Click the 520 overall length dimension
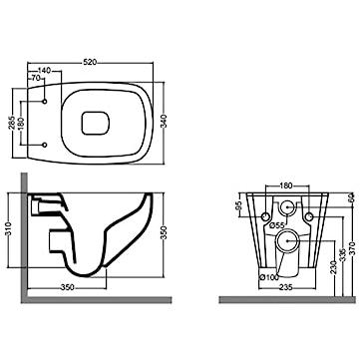point(90,62)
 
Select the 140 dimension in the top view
point(44,71)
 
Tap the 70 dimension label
point(36,79)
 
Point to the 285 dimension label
point(12,123)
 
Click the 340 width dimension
point(164,122)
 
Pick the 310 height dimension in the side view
point(9,229)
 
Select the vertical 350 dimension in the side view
point(164,234)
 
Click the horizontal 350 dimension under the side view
point(68,287)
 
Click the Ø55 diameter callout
point(277,225)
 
